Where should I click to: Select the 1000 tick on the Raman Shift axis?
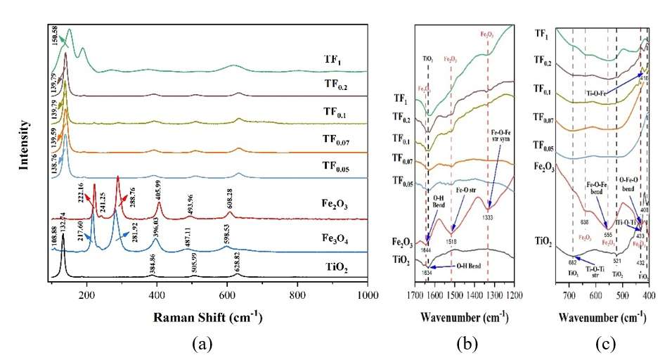pos(368,295)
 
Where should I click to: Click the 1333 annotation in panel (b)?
pos(490,218)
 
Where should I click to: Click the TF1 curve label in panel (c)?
pos(542,33)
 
